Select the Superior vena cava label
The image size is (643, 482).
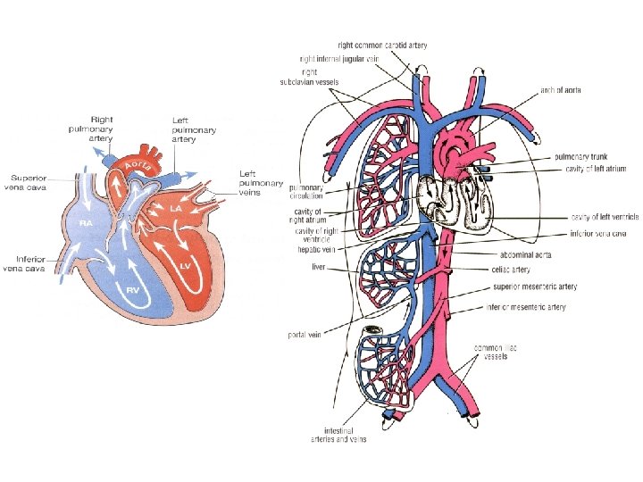30,181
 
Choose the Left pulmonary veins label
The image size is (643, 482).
260,183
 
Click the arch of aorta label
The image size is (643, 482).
560,90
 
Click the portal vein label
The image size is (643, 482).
305,336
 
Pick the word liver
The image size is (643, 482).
319,266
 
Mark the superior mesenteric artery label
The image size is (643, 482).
534,287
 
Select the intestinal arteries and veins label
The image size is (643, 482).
345,435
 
